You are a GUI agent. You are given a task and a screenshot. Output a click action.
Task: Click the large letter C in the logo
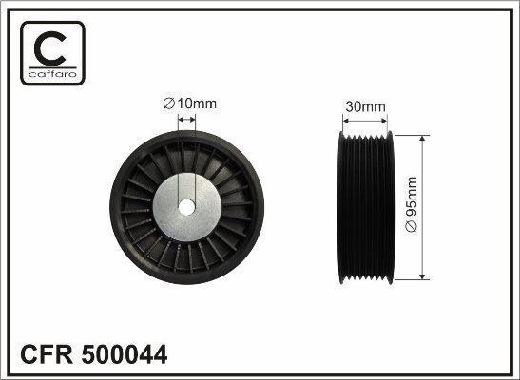(x=49, y=48)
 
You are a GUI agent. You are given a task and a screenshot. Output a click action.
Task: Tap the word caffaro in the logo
(x=52, y=74)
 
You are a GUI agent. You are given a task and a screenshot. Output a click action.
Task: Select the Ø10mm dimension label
(x=190, y=104)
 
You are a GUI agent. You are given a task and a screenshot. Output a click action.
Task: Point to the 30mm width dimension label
(x=365, y=106)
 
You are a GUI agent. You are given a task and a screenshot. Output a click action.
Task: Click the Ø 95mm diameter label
(x=412, y=204)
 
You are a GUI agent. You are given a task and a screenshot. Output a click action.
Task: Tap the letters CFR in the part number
(x=47, y=354)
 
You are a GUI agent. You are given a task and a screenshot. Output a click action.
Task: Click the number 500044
(x=125, y=354)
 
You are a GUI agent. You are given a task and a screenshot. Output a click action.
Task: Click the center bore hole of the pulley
(x=186, y=207)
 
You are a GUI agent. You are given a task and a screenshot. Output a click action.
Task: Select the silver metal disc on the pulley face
(x=186, y=207)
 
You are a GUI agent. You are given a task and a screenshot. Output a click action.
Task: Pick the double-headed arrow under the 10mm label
(x=186, y=120)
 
